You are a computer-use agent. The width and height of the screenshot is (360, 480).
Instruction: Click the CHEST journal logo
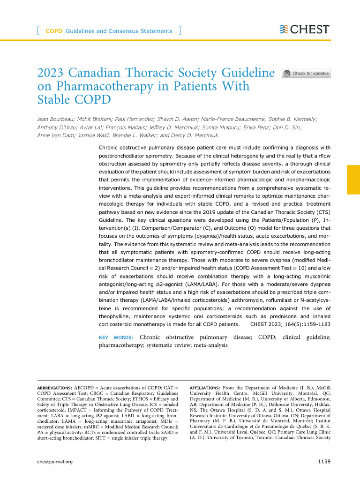tap(304, 30)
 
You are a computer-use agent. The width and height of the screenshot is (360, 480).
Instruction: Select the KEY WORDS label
tap(117, 337)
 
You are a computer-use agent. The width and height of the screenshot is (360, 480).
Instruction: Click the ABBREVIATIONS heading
tap(54, 388)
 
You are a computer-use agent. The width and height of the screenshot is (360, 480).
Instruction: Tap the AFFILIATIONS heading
tap(204, 388)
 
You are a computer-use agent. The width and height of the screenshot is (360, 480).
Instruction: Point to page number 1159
tap(324, 462)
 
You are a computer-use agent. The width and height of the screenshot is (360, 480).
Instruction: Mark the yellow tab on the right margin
tap(353, 179)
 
